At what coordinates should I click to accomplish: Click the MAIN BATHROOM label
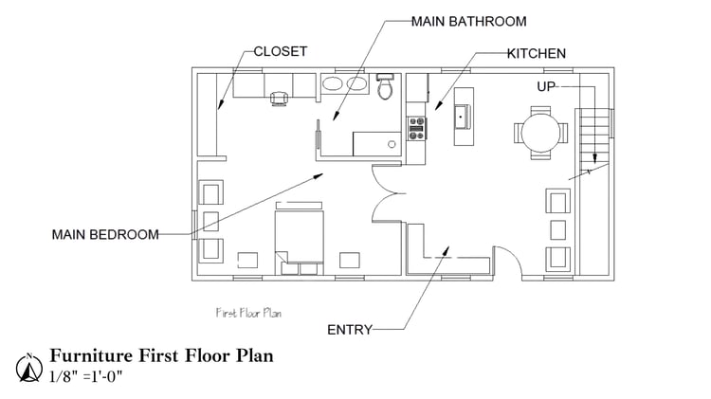pyautogui.click(x=469, y=21)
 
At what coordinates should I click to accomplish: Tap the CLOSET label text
pyautogui.click(x=281, y=52)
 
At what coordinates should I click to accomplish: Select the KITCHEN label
pyautogui.click(x=537, y=53)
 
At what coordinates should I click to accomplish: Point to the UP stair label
pyautogui.click(x=546, y=86)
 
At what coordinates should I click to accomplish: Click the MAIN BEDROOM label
pyautogui.click(x=105, y=234)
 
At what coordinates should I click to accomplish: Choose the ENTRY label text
pyautogui.click(x=350, y=330)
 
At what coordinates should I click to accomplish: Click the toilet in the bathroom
pyautogui.click(x=386, y=86)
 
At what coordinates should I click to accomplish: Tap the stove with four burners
pyautogui.click(x=417, y=128)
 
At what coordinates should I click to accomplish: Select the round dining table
pyautogui.click(x=540, y=133)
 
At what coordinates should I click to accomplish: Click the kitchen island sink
pyautogui.click(x=463, y=117)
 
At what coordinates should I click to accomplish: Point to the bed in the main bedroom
pyautogui.click(x=300, y=238)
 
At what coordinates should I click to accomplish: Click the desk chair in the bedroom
pyautogui.click(x=280, y=98)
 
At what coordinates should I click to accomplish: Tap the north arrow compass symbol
pyautogui.click(x=29, y=368)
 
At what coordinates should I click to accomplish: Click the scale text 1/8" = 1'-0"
pyautogui.click(x=86, y=376)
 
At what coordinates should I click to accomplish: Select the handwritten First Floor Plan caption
pyautogui.click(x=248, y=313)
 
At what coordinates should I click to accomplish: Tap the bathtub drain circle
pyautogui.click(x=392, y=144)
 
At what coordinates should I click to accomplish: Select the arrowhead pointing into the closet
pyautogui.click(x=220, y=104)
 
